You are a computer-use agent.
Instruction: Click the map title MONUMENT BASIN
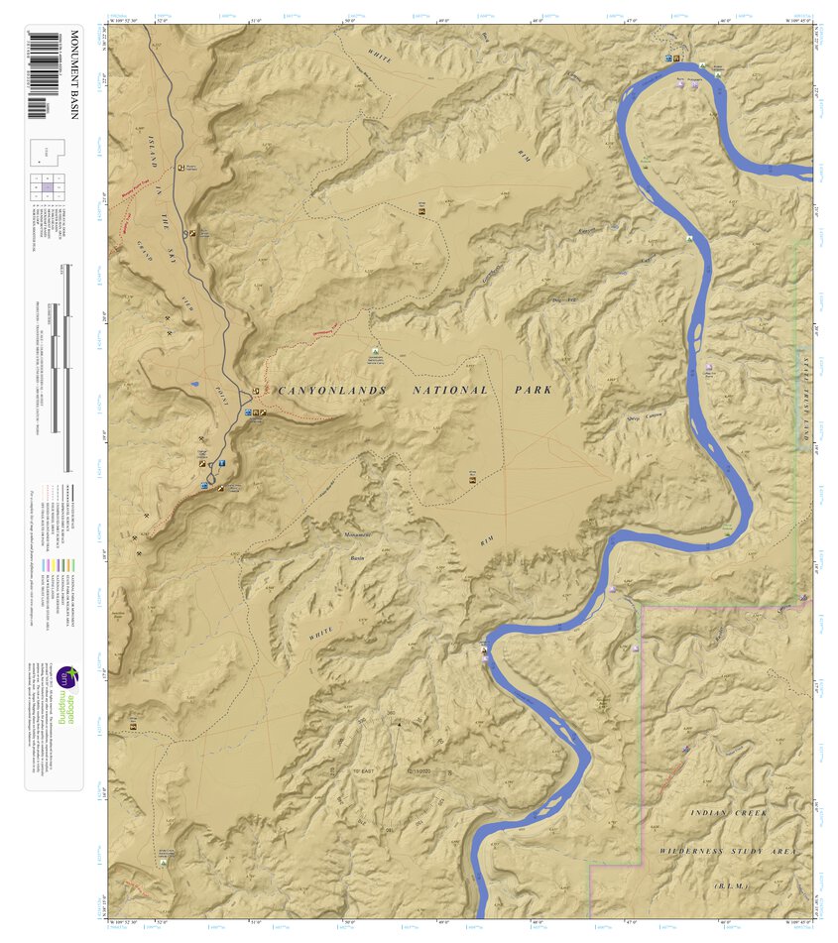point(72,88)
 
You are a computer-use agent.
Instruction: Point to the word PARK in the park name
point(533,390)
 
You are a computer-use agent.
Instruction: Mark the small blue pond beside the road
point(196,385)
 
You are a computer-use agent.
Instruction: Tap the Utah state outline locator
point(46,152)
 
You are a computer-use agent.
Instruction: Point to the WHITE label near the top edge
point(380,57)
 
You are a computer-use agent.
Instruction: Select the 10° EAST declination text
point(344,769)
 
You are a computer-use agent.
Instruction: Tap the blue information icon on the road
point(222,463)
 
